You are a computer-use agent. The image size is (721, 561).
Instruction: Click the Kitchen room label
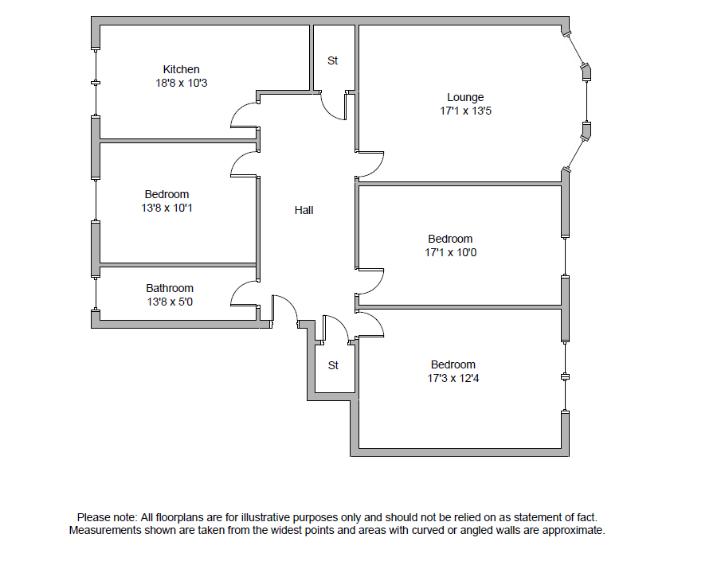tap(181, 69)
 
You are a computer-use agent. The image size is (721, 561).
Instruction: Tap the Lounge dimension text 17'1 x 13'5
tap(465, 111)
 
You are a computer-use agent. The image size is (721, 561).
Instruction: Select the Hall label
tap(304, 210)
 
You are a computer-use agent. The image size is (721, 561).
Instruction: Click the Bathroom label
tap(169, 288)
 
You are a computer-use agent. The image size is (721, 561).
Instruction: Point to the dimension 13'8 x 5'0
tap(169, 302)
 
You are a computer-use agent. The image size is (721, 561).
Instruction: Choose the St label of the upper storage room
tap(333, 60)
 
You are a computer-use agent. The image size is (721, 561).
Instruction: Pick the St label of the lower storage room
tap(333, 365)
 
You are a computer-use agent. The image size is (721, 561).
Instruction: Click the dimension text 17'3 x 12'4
tap(453, 378)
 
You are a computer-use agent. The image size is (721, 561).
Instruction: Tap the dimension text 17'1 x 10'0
tap(450, 252)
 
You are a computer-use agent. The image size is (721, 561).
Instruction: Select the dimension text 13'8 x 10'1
tap(167, 208)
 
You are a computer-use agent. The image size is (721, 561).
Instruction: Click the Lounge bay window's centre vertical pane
tap(586, 102)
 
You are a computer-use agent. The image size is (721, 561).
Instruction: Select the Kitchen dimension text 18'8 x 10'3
tap(181, 83)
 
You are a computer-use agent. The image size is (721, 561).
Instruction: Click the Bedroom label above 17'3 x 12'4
tap(453, 364)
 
